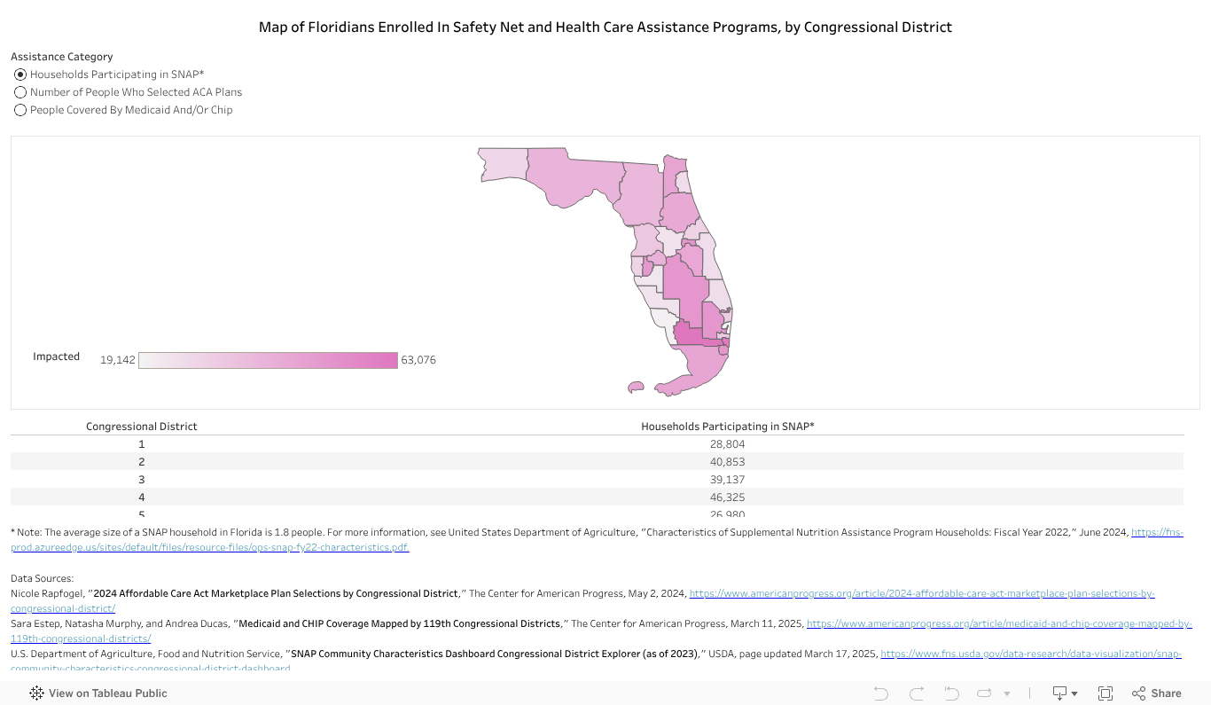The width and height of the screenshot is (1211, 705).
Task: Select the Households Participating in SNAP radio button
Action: [20, 74]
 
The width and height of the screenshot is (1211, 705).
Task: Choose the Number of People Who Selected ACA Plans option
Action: [20, 92]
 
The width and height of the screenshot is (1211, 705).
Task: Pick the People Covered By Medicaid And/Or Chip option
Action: [20, 110]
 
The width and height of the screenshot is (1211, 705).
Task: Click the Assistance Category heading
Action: [61, 57]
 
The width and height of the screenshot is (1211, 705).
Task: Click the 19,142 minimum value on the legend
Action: [117, 360]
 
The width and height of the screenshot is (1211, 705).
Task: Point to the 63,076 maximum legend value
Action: [418, 360]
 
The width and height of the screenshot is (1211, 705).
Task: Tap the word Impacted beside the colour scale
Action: [56, 356]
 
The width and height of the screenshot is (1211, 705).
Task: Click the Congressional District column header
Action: [141, 427]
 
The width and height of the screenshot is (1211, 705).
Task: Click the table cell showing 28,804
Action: [727, 444]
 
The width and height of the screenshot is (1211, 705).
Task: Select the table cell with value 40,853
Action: [727, 462]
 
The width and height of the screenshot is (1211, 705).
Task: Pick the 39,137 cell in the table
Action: [727, 480]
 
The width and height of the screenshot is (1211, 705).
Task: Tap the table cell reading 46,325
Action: [727, 497]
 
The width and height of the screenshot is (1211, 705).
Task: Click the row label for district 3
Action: [141, 480]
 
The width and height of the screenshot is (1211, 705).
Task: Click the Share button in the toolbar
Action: [1157, 693]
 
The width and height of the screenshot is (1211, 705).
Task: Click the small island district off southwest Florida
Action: [635, 387]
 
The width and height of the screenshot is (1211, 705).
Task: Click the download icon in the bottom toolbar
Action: [1059, 693]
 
